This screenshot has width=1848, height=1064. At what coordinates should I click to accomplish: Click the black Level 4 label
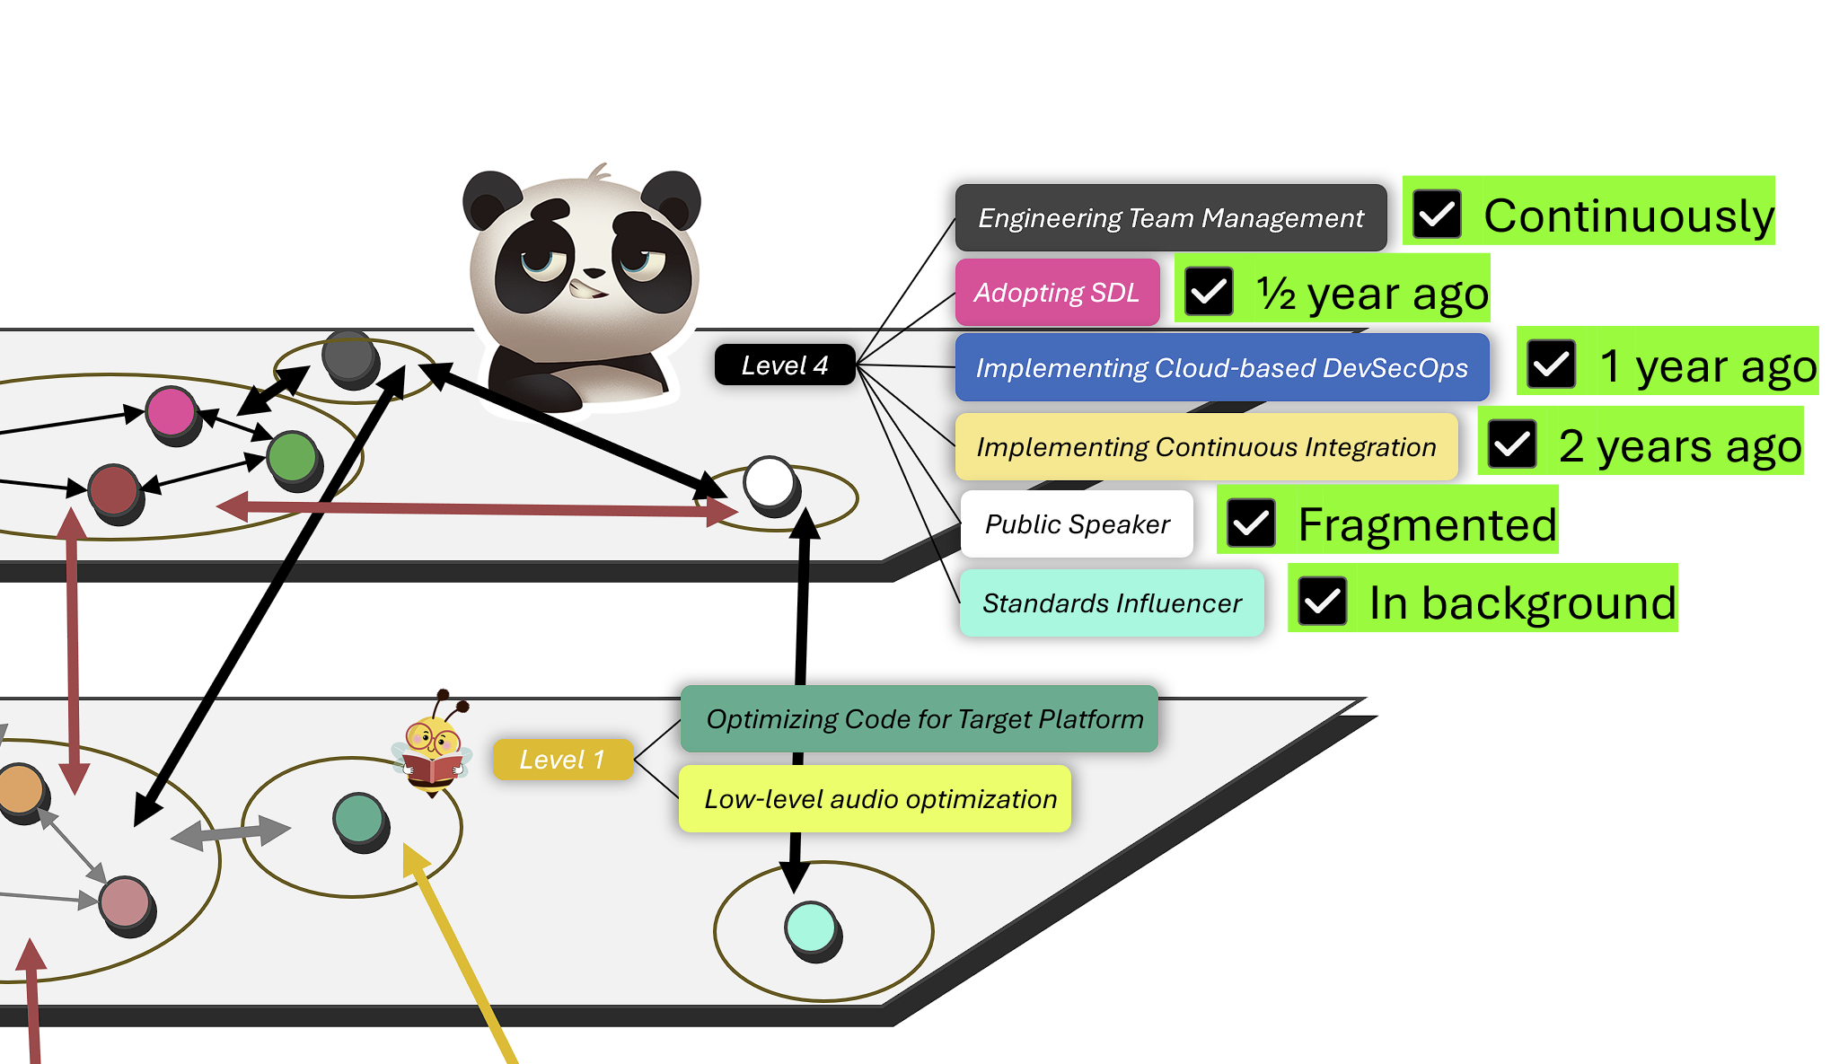click(784, 365)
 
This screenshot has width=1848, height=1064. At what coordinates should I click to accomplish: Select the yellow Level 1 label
click(562, 760)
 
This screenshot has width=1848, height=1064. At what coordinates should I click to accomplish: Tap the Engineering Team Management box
click(1170, 218)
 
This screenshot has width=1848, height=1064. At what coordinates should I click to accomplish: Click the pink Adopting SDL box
click(1057, 293)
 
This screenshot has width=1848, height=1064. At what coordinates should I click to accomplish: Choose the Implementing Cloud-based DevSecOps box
click(1221, 368)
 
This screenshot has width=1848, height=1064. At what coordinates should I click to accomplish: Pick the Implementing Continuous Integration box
click(1206, 447)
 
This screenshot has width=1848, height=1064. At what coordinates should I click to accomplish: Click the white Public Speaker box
click(1077, 524)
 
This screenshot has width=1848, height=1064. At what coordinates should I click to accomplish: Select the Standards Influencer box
click(1112, 603)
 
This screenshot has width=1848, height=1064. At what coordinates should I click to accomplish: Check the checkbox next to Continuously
click(1437, 215)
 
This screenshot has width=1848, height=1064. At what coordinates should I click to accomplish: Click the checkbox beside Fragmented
click(1251, 523)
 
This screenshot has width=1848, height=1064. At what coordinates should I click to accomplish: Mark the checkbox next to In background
click(1323, 602)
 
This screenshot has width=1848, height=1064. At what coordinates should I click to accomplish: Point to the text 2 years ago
click(1679, 446)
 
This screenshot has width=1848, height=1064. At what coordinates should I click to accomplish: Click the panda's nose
click(594, 272)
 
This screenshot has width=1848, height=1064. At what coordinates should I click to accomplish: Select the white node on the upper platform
click(770, 483)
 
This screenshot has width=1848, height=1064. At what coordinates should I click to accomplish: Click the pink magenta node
click(171, 411)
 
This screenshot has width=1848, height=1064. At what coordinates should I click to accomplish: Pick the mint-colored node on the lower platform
click(811, 927)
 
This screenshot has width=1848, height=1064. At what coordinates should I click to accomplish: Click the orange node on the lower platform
click(20, 789)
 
